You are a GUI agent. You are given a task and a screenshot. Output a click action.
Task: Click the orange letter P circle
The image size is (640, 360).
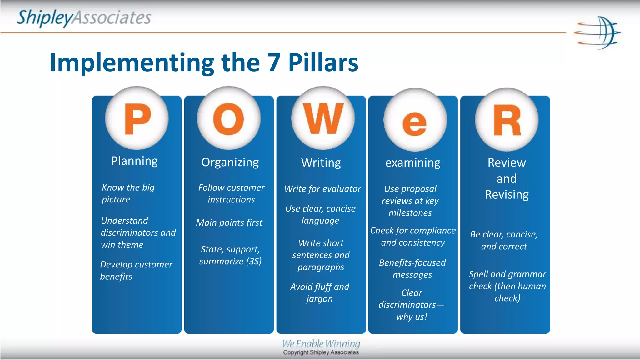pyautogui.click(x=137, y=118)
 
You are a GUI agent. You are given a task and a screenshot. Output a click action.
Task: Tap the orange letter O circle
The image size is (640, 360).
pyautogui.click(x=228, y=118)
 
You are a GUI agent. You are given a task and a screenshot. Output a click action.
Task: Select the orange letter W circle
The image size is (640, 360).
pyautogui.click(x=323, y=118)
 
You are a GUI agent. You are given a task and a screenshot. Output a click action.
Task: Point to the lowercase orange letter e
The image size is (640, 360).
pyautogui.click(x=414, y=124)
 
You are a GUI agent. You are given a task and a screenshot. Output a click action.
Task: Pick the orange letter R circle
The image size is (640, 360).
pyautogui.click(x=507, y=120)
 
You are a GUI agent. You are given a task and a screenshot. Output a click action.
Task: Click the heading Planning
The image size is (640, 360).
pyautogui.click(x=135, y=161)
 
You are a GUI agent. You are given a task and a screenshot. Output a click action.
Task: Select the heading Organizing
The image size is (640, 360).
pyautogui.click(x=230, y=162)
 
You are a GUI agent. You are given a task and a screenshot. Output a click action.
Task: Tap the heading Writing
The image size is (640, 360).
pyautogui.click(x=321, y=163)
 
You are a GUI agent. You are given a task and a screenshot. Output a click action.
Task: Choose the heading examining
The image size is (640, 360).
pyautogui.click(x=413, y=163)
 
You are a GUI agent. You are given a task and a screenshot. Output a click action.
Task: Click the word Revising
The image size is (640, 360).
pyautogui.click(x=507, y=195)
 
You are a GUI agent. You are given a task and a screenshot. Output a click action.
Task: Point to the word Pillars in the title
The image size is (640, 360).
pyautogui.click(x=323, y=62)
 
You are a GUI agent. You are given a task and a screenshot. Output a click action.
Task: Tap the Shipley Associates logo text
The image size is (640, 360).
pyautogui.click(x=84, y=18)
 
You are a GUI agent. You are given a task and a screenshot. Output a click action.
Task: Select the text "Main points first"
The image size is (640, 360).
pyautogui.click(x=229, y=222)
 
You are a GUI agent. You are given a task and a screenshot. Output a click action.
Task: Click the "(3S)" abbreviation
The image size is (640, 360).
pyautogui.click(x=254, y=261)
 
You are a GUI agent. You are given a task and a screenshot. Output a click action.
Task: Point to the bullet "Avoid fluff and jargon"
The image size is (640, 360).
pyautogui.click(x=320, y=292)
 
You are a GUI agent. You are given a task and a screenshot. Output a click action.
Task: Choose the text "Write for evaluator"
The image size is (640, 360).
pyautogui.click(x=322, y=189)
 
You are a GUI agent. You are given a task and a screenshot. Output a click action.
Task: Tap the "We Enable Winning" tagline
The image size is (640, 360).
pyautogui.click(x=321, y=344)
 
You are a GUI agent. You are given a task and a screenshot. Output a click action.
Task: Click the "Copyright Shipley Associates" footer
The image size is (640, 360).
pyautogui.click(x=321, y=352)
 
